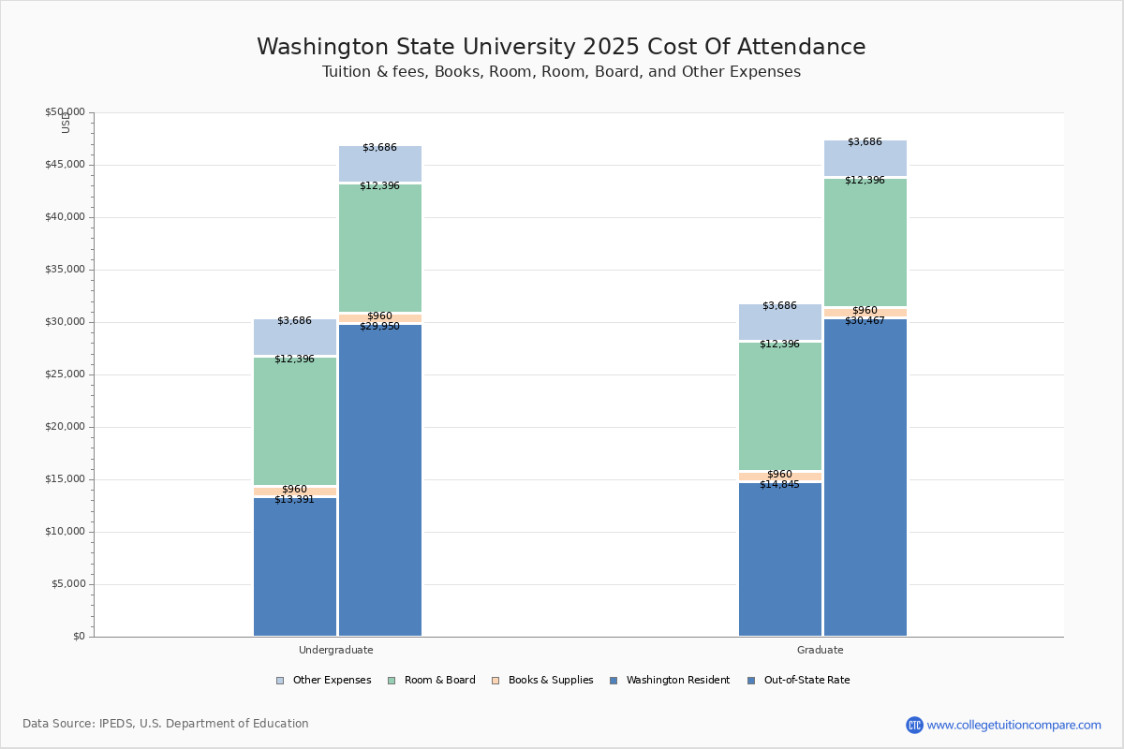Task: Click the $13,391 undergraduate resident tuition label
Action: (294, 500)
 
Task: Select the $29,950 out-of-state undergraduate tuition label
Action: (379, 327)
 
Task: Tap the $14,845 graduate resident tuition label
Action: (779, 485)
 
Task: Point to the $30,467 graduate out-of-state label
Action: (865, 321)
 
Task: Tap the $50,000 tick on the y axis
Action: (65, 112)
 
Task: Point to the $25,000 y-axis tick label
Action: (65, 374)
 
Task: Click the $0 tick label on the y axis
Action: (79, 637)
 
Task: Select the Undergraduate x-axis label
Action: (336, 650)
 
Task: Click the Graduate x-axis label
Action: (821, 650)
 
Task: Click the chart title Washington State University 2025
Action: (561, 48)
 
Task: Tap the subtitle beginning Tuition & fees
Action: (561, 72)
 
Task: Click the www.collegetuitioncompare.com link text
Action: (1013, 725)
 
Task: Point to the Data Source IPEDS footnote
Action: (166, 724)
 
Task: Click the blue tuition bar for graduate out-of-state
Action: (865, 477)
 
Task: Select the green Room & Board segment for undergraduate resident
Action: (295, 421)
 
